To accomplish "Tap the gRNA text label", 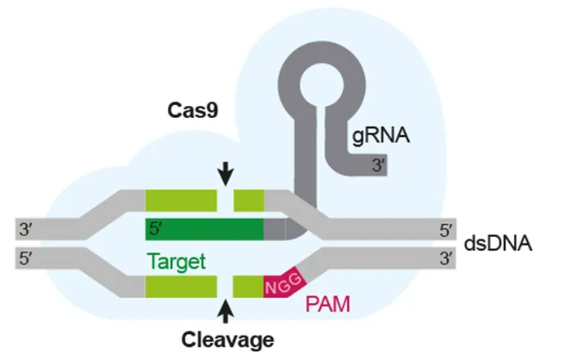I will coord(379,138).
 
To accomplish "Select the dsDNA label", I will coord(498,243).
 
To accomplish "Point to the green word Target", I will coord(175,261).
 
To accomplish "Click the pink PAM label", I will coord(328,306).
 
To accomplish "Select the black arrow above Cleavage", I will coord(226,310).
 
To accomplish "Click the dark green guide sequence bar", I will coord(204,230).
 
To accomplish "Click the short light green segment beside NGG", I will coord(248,287).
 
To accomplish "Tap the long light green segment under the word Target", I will coord(181,287).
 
